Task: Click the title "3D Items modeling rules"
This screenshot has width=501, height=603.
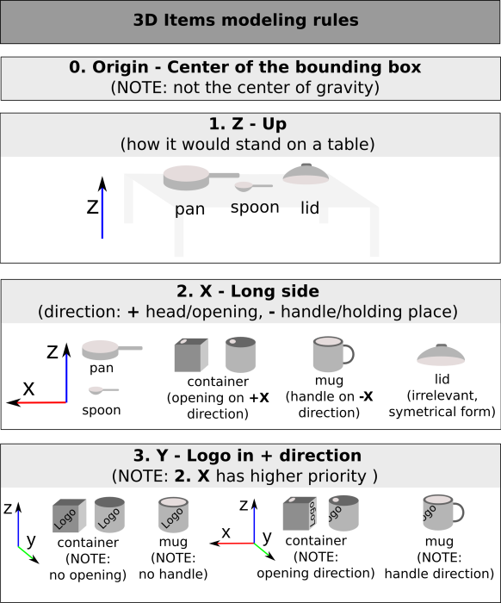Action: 245,21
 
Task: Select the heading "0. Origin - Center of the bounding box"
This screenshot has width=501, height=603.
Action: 245,67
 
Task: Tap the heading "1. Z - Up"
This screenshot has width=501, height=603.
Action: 248,125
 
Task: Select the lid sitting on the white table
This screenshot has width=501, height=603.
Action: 306,174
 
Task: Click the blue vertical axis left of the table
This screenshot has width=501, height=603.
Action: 102,213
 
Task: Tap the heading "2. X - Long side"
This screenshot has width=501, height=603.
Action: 246,291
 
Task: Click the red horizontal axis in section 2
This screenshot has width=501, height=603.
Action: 41,402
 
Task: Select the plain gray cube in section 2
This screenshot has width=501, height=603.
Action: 190,355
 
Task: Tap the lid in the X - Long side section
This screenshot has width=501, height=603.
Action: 441,354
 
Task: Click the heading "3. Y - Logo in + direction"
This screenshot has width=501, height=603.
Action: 246,456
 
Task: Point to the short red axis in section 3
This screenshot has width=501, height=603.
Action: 234,544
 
